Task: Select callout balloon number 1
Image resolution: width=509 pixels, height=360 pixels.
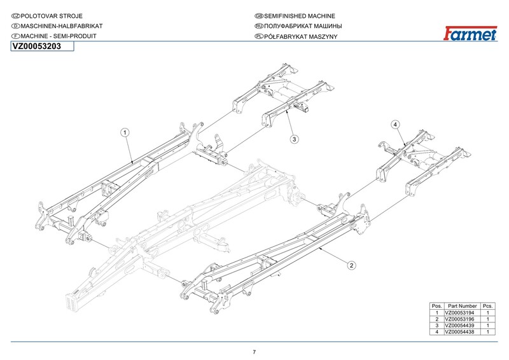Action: click(125, 132)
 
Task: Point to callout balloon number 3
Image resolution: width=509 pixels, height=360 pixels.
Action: click(295, 138)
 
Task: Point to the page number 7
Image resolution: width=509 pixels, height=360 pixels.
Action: click(254, 352)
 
